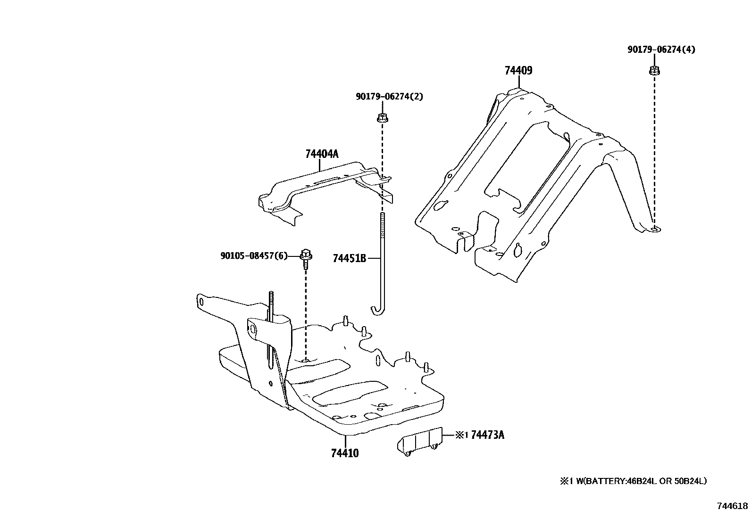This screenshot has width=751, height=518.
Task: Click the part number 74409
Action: tap(518, 71)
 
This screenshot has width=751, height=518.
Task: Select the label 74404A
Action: tap(322, 154)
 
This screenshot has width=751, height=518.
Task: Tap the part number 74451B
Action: tap(350, 258)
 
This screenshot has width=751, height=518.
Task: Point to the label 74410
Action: tap(345, 453)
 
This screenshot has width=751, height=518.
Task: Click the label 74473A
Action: tap(487, 435)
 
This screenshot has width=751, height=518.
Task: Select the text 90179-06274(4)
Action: tap(661, 49)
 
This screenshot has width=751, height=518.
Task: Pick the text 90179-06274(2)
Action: tap(389, 97)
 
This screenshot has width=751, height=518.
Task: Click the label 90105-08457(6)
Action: tap(254, 256)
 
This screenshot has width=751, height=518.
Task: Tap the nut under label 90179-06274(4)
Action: tap(654, 71)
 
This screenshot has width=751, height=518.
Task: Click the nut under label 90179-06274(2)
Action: tap(382, 118)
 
